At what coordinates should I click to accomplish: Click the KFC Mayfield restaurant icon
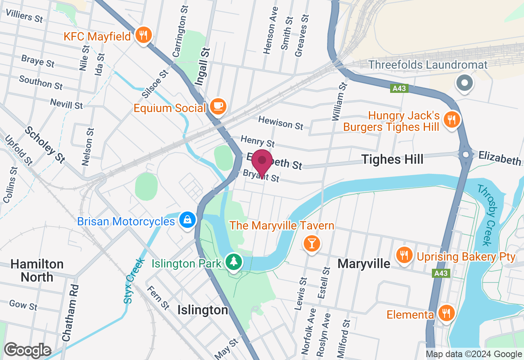tap(143, 35)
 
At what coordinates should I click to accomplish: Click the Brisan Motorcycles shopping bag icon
tap(187, 220)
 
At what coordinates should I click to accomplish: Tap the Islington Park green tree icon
tap(234, 262)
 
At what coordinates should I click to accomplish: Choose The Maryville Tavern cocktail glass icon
tap(312, 243)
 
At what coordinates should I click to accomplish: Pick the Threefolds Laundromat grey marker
tap(465, 83)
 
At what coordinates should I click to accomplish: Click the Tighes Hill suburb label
tap(392, 159)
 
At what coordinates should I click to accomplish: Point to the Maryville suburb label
tap(364, 264)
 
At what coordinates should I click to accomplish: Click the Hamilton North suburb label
tap(37, 270)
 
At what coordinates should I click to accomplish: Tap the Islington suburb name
tap(203, 310)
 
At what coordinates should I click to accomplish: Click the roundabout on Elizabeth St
tap(466, 155)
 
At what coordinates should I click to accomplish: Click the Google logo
tap(27, 351)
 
